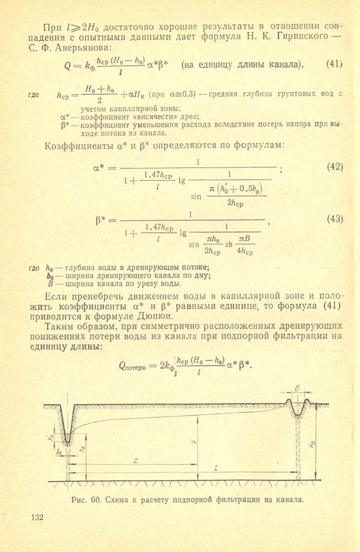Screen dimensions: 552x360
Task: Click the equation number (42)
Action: pos(335,166)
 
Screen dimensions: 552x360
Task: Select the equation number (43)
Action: pos(335,219)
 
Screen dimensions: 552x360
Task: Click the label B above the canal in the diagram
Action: pos(297,389)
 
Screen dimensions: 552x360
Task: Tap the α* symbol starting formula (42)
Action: pos(102,166)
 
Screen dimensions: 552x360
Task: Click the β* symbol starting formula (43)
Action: pos(102,219)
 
